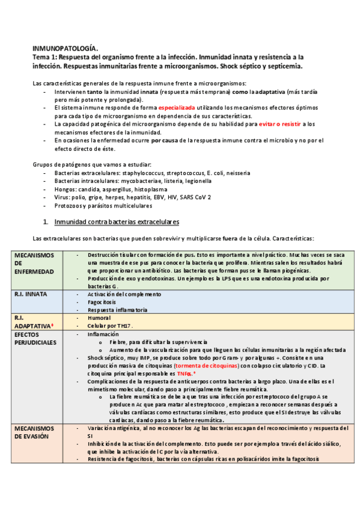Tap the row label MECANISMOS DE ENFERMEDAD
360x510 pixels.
34,263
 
